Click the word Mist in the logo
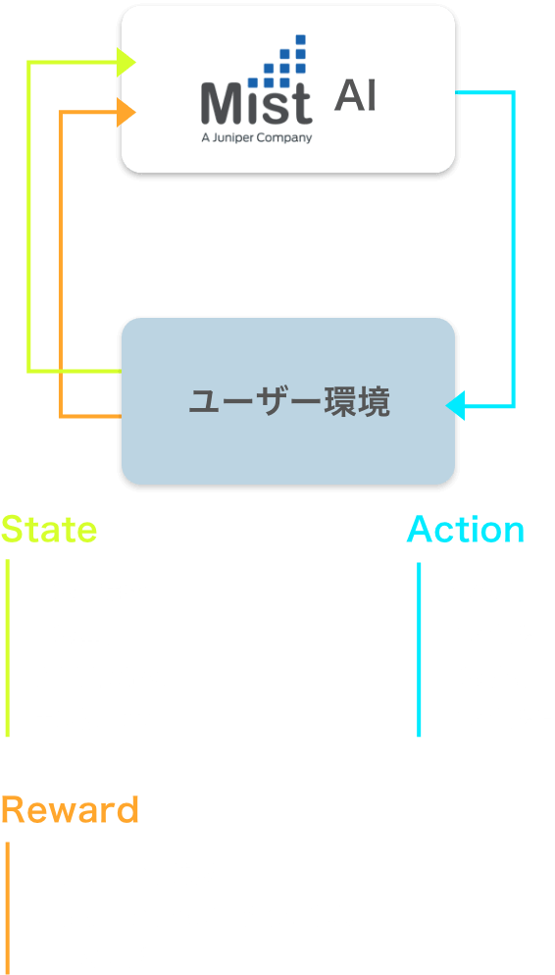[x=256, y=103]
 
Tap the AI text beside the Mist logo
[x=355, y=96]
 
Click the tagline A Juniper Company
[x=257, y=138]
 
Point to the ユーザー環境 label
[x=289, y=403]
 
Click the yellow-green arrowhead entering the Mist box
[x=126, y=62]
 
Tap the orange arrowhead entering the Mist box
[x=126, y=113]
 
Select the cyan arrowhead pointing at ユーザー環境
[x=455, y=406]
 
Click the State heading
[x=49, y=529]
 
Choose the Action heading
[x=466, y=529]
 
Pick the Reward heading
[x=70, y=810]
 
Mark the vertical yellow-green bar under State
[x=8, y=647]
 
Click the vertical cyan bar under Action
[x=419, y=649]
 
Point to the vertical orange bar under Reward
[x=8, y=908]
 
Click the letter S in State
[x=13, y=529]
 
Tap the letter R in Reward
[x=13, y=810]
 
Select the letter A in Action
[x=421, y=529]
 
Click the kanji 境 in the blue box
[x=375, y=403]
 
